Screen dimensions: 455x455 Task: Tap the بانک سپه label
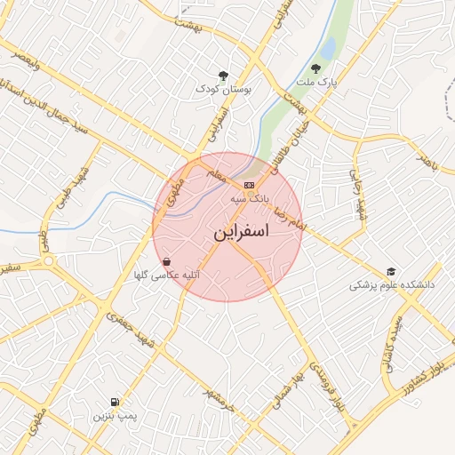[249, 198]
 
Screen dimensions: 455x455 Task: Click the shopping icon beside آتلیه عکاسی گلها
[167, 262]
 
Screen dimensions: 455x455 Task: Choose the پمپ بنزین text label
[113, 416]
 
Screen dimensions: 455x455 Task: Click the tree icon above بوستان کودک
[222, 76]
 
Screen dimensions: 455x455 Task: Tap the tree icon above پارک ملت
[315, 67]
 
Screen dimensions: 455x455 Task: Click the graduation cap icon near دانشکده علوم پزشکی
[391, 272]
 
